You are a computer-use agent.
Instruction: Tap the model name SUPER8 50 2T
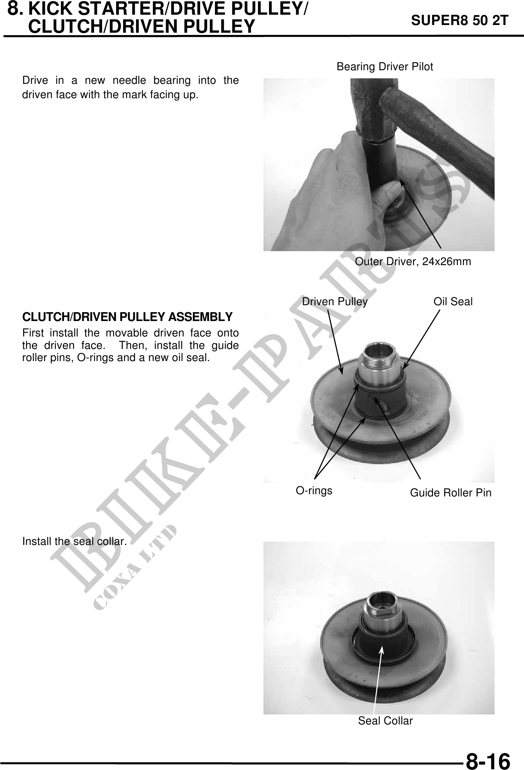tap(460, 21)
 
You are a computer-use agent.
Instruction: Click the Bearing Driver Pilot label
tap(385, 67)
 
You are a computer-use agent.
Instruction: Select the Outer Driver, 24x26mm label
tap(413, 261)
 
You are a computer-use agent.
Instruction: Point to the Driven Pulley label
tap(334, 302)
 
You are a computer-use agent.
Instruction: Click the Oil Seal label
tap(453, 302)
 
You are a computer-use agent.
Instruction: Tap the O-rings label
tap(314, 491)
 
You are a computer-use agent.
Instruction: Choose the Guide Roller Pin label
tap(451, 493)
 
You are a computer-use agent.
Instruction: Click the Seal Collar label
tap(385, 721)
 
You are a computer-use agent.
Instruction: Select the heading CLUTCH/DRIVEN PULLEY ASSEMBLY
tap(128, 317)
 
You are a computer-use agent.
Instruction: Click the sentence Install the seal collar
tap(75, 541)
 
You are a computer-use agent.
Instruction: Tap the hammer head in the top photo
tap(371, 107)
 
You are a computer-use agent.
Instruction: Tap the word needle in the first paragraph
tap(128, 80)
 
